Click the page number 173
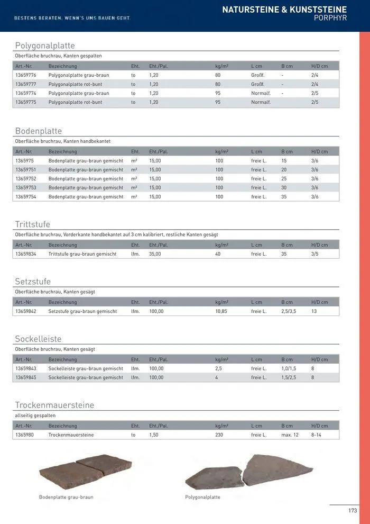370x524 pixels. pyautogui.click(x=353, y=511)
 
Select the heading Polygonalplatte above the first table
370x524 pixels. pyautogui.click(x=45, y=46)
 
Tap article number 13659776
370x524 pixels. pyautogui.click(x=26, y=76)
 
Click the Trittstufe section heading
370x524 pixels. pyautogui.click(x=32, y=224)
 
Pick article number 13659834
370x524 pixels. pyautogui.click(x=26, y=254)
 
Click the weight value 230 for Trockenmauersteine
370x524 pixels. pyautogui.click(x=219, y=435)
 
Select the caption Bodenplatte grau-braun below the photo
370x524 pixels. pyautogui.click(x=66, y=497)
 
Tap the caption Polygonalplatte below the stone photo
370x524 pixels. pyautogui.click(x=202, y=497)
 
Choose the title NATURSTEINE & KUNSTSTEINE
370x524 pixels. pyautogui.click(x=284, y=9)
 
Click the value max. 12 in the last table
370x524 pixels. pyautogui.click(x=290, y=435)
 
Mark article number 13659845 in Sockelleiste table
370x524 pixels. pyautogui.click(x=26, y=377)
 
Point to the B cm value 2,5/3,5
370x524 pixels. pyautogui.click(x=289, y=311)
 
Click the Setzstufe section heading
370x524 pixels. pyautogui.click(x=33, y=282)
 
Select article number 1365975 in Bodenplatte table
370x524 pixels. pyautogui.click(x=24, y=160)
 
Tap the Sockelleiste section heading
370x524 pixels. pyautogui.click(x=38, y=339)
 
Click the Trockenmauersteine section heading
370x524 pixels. pyautogui.click(x=54, y=405)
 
